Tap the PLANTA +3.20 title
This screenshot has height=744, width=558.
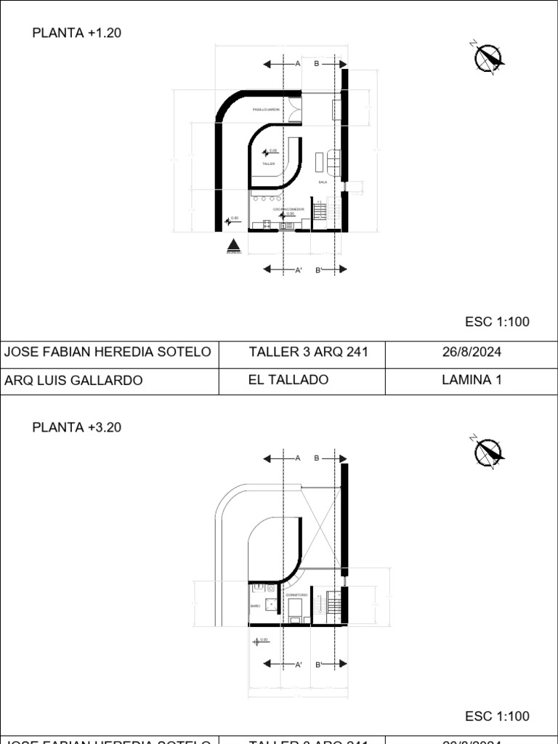(76, 427)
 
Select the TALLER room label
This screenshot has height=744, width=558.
(269, 164)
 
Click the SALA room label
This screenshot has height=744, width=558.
(323, 182)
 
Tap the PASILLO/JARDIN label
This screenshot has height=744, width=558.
(265, 110)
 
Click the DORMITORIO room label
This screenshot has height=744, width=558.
(296, 595)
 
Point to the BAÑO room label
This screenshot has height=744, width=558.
(255, 605)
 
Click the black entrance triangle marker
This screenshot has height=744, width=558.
(233, 246)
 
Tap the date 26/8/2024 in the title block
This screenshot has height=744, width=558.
(472, 352)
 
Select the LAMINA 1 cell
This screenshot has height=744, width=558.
(472, 380)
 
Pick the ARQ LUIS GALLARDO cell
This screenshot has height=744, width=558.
(73, 380)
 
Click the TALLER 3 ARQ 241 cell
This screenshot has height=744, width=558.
(308, 352)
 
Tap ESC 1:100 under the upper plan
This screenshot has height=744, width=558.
(497, 322)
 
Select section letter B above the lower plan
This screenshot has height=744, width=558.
(317, 458)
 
